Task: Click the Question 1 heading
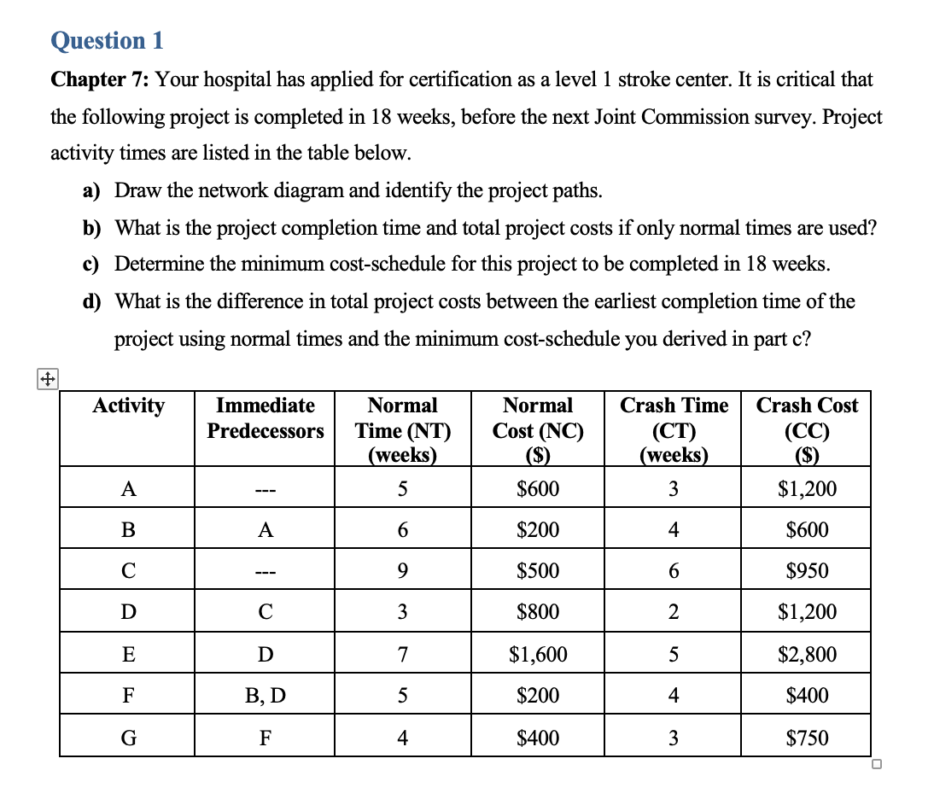pyautogui.click(x=107, y=40)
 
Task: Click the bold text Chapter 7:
pyautogui.click(x=100, y=80)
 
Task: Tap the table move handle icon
pyautogui.click(x=46, y=379)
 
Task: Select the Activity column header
pyautogui.click(x=128, y=405)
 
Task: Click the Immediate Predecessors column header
pyautogui.click(x=266, y=417)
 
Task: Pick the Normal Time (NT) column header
pyautogui.click(x=402, y=429)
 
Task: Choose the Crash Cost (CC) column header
pyautogui.click(x=807, y=429)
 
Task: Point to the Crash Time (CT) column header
pyautogui.click(x=674, y=429)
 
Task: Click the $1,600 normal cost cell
pyautogui.click(x=538, y=655)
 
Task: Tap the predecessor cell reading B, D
pyautogui.click(x=266, y=696)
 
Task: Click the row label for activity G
pyautogui.click(x=128, y=737)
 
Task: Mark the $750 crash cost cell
pyautogui.click(x=807, y=737)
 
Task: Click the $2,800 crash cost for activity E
pyautogui.click(x=807, y=655)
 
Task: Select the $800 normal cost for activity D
pyautogui.click(x=538, y=612)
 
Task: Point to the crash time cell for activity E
pyautogui.click(x=674, y=655)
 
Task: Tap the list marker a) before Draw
pyautogui.click(x=91, y=190)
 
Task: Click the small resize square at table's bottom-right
pyautogui.click(x=877, y=764)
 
